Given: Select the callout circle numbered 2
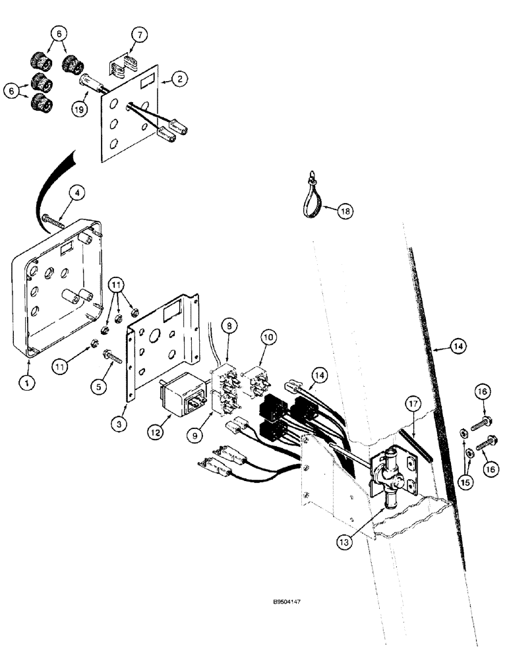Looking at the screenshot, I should (179, 80).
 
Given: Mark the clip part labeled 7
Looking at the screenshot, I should (121, 68).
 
